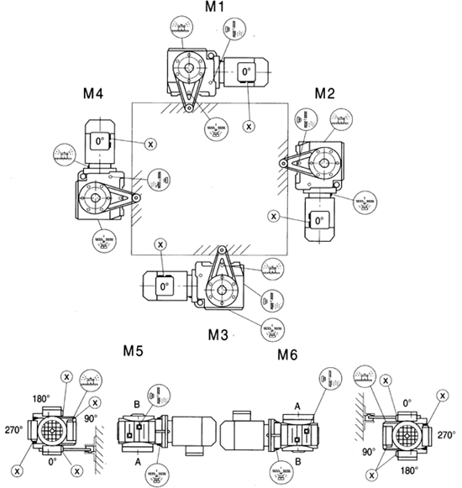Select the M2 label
tap(327, 92)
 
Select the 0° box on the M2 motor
tap(317, 219)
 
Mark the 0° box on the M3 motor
tap(165, 286)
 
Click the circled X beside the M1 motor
tap(249, 125)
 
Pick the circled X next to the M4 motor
tap(150, 143)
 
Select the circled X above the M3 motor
tap(160, 244)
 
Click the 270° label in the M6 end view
tap(446, 435)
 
